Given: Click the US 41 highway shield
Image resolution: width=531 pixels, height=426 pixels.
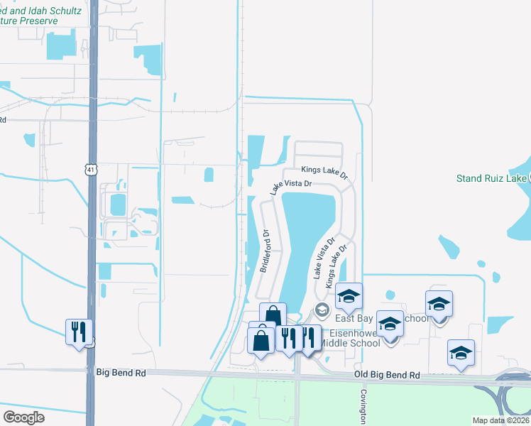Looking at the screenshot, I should click(89, 168).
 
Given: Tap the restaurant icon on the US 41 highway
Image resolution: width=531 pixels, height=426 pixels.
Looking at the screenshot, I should click(79, 332).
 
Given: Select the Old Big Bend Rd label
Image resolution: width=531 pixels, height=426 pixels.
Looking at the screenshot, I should click(387, 374).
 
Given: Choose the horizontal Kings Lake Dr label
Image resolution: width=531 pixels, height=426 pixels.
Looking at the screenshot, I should click(324, 171).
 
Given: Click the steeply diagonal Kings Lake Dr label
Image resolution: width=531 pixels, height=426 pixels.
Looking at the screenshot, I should click(336, 266).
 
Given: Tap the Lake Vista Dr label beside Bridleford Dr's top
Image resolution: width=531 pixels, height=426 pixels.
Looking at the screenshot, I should click(290, 187).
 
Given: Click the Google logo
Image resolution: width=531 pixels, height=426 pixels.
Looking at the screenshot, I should click(23, 417).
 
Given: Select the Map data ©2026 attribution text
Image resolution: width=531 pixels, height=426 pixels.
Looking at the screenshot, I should click(500, 420).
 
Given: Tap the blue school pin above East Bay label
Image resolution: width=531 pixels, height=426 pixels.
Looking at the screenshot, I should click(349, 295).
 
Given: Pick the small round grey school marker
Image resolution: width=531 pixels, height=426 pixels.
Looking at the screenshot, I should click(322, 310).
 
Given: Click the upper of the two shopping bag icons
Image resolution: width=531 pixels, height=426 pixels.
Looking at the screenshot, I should click(273, 315).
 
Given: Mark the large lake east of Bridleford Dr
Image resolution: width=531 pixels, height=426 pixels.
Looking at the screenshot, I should click(307, 234).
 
